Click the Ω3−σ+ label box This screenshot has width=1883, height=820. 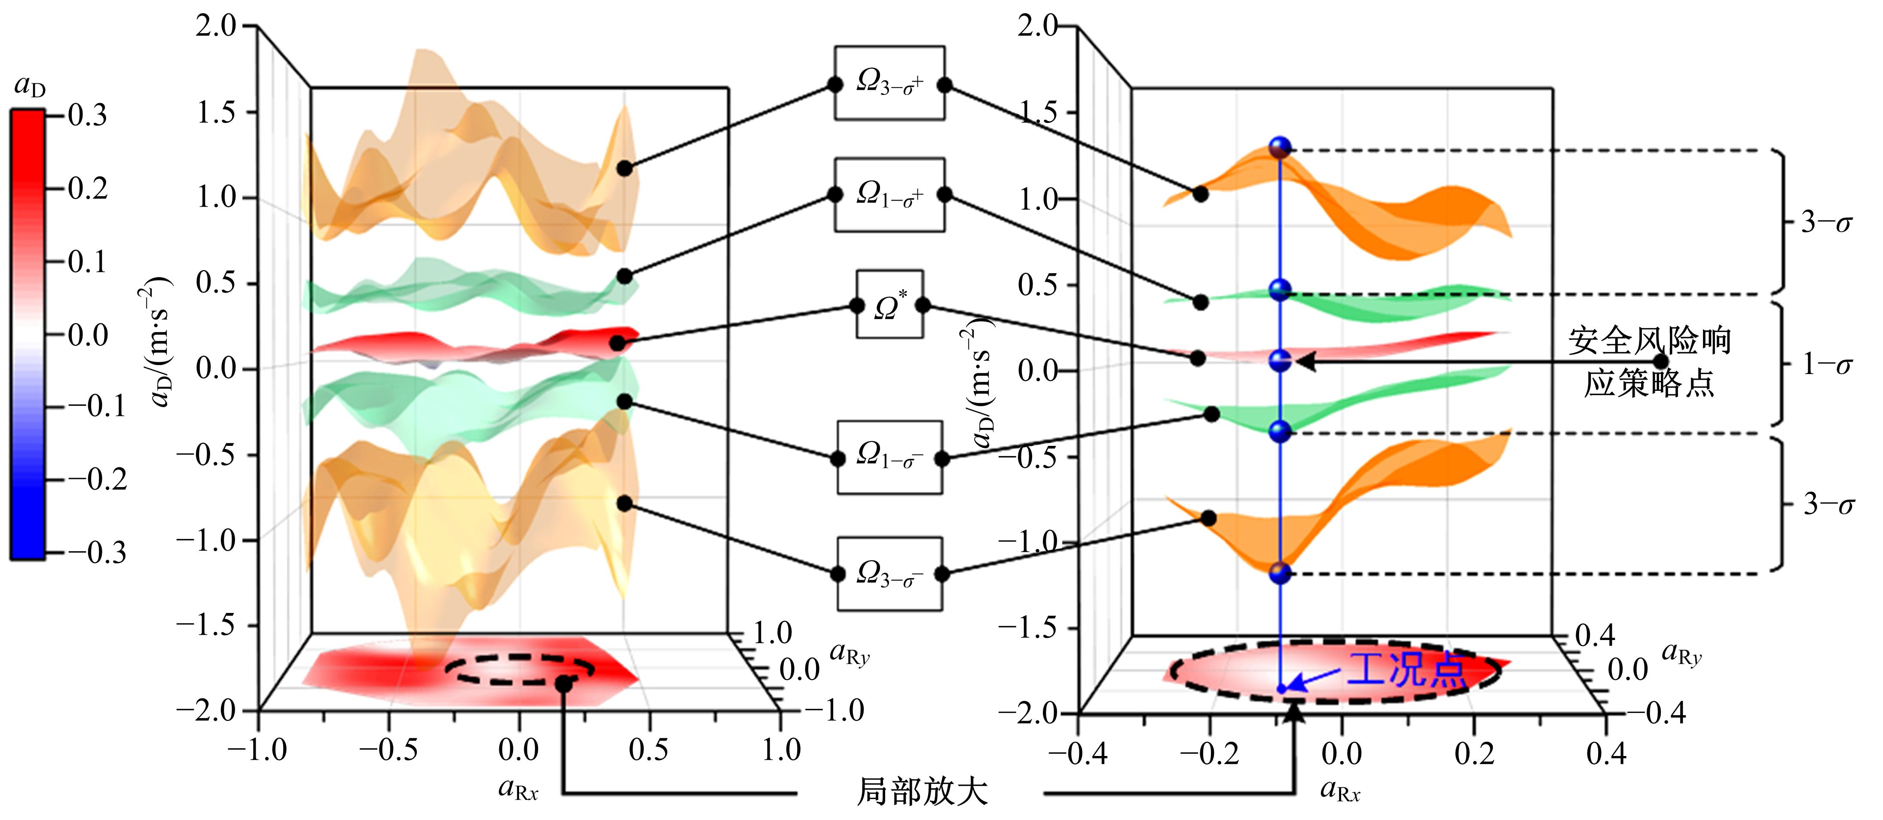click(889, 83)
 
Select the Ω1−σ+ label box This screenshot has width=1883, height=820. click(889, 195)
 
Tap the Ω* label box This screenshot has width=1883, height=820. click(889, 305)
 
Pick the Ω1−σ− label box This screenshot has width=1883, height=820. click(889, 457)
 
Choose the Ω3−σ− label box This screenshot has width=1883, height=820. click(889, 574)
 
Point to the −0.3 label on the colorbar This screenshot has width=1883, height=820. click(97, 552)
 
